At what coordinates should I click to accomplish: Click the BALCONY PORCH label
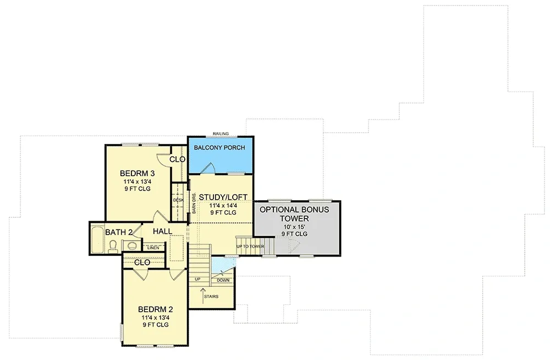click(x=220, y=148)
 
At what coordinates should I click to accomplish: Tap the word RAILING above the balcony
click(x=221, y=133)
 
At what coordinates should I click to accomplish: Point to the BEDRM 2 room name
click(x=154, y=308)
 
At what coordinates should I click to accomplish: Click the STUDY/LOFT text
click(x=223, y=197)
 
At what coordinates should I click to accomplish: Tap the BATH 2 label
click(x=119, y=232)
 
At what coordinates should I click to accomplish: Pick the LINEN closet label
click(x=153, y=248)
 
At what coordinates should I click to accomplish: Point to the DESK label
click(x=178, y=200)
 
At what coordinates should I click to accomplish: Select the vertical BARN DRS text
click(x=194, y=203)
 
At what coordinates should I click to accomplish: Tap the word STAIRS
click(x=211, y=297)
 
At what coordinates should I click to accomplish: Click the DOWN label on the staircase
click(x=223, y=280)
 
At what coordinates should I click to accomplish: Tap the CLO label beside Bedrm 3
click(x=177, y=159)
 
